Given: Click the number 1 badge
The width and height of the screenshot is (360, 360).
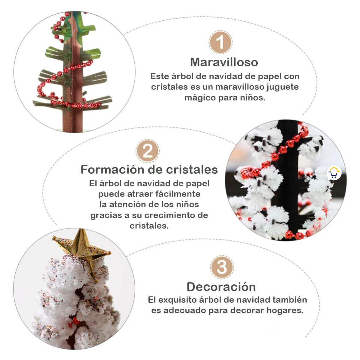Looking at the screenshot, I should click(220, 42).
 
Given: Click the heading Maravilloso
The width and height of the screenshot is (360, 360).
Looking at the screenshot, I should click(224, 62).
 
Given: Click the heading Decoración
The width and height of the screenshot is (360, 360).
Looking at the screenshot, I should click(221, 287).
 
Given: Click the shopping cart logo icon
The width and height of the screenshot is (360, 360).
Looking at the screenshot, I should click(334, 172).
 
